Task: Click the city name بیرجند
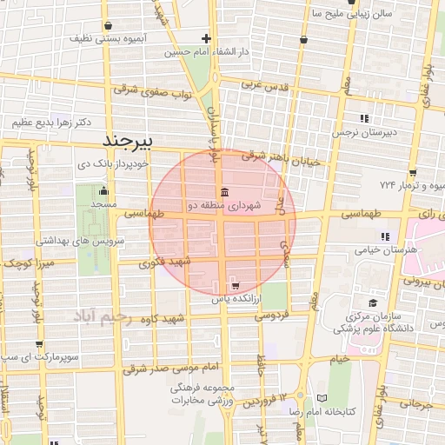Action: tap(128, 140)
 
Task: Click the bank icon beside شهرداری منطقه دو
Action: tap(224, 192)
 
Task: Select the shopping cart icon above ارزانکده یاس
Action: tap(236, 285)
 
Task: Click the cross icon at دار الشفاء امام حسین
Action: tap(206, 38)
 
